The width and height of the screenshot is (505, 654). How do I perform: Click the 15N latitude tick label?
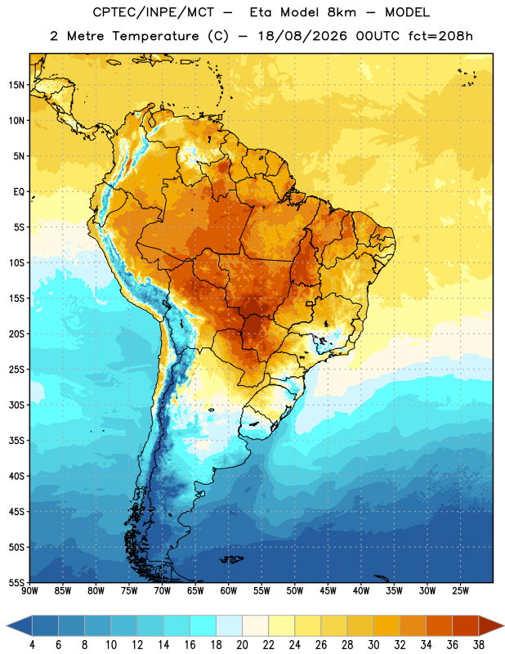coord(16,85)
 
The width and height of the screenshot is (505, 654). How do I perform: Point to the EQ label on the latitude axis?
coord(19,192)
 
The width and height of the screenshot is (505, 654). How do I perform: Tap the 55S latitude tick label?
coord(16,582)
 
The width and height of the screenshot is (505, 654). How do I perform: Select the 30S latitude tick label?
coord(16,405)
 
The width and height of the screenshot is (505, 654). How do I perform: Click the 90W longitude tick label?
coord(30,590)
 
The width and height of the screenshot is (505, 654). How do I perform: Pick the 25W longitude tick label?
coord(460,590)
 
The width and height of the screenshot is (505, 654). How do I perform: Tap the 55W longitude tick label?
coord(261,590)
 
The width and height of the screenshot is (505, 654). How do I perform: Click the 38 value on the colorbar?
coord(479,645)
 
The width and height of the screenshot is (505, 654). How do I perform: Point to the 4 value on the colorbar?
coord(32,645)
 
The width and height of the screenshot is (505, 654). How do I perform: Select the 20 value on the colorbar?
coord(242,645)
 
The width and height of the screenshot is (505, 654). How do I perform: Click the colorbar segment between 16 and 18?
coord(203,625)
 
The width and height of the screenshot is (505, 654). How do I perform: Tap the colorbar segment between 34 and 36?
coord(440,625)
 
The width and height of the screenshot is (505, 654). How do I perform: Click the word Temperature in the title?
coord(155,36)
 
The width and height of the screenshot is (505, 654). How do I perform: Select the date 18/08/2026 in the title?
coord(302,36)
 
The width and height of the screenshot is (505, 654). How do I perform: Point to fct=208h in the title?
coord(440,36)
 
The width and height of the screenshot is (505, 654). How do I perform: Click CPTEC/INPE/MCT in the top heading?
coord(154,12)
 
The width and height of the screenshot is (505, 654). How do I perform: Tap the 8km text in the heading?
coord(342,12)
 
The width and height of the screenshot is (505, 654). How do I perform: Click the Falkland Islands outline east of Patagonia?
coord(232,559)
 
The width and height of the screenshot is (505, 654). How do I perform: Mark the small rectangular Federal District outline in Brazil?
coord(310,303)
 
